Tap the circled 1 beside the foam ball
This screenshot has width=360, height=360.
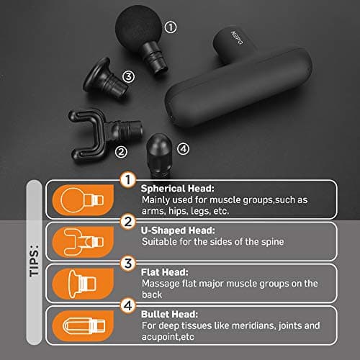point(171,27)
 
